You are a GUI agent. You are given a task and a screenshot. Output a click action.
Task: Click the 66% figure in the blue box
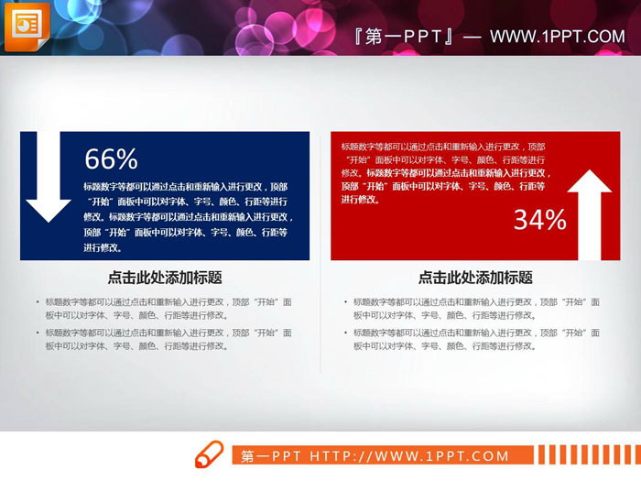point(111,159)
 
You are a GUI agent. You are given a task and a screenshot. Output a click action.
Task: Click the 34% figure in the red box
point(539,220)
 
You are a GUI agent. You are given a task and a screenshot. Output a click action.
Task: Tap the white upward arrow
point(589,214)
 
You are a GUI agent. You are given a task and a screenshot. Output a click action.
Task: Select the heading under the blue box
point(165,278)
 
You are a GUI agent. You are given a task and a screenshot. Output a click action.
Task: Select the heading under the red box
point(475,278)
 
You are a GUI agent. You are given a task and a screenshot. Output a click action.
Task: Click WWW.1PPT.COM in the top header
point(557,37)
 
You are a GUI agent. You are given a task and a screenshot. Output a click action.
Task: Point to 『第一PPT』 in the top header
point(404,37)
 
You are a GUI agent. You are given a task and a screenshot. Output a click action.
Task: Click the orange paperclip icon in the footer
point(208,454)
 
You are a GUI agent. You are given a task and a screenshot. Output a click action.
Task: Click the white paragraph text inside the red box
point(446,172)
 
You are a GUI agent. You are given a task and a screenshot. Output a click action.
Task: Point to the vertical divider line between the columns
point(320,321)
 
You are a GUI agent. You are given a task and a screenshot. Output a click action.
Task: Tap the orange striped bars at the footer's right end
point(583,455)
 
